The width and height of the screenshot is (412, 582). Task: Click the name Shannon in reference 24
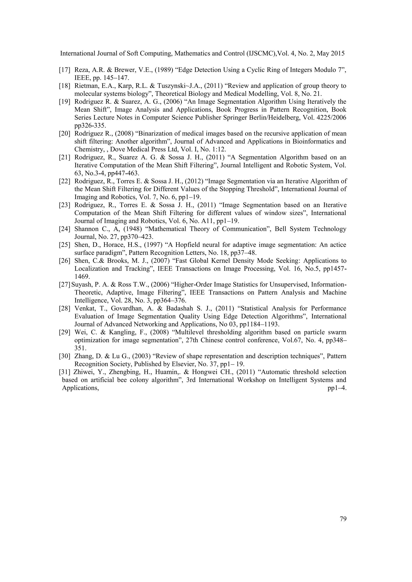click(x=87, y=229)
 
